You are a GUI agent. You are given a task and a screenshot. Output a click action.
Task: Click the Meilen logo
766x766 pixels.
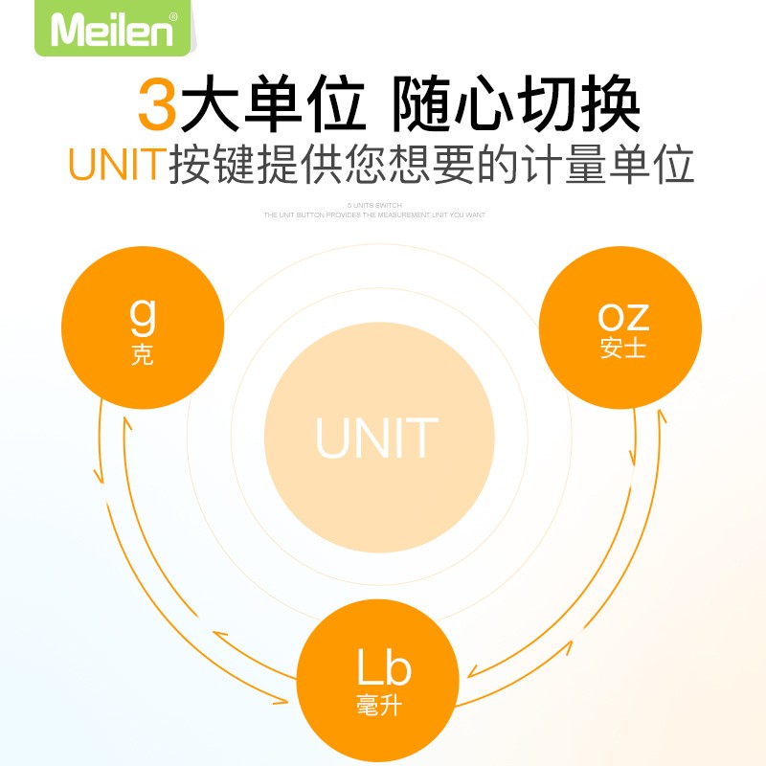(112, 29)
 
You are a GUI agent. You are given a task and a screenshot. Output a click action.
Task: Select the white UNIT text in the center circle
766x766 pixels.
(377, 438)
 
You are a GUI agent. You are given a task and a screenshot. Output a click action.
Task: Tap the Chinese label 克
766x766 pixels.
(142, 356)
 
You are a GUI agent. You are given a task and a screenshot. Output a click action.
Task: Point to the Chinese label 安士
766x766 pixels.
(623, 349)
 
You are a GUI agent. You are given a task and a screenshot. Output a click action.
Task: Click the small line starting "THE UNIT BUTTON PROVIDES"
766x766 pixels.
(374, 215)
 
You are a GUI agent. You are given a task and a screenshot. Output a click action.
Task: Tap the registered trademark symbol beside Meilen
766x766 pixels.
(172, 16)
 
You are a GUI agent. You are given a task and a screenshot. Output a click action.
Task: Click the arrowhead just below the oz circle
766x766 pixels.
(661, 417)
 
